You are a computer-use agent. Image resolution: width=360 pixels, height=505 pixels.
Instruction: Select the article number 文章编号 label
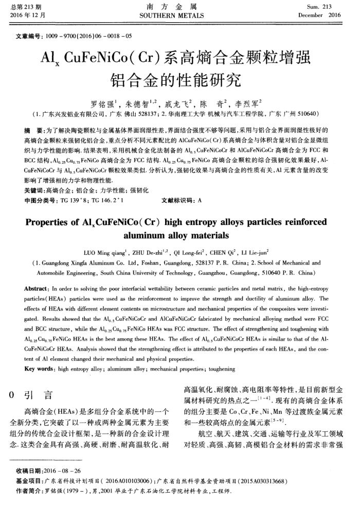point(30,37)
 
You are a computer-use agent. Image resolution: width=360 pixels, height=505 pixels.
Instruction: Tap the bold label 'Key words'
point(37,355)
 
